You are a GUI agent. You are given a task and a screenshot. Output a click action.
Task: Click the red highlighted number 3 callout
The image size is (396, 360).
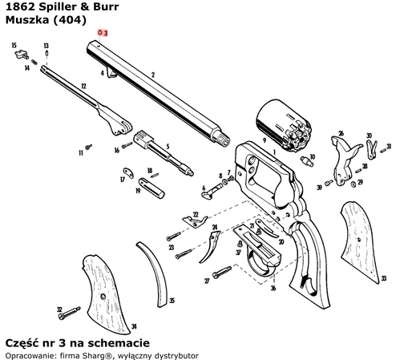point(102,33)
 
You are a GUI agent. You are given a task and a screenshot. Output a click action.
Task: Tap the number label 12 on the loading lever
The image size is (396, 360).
point(83,85)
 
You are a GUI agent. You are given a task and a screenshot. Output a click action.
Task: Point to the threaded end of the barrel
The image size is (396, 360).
point(218,139)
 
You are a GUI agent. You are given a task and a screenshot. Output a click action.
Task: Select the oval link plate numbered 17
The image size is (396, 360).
point(130,170)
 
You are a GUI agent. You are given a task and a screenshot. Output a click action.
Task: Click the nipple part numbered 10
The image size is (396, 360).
point(305,160)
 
